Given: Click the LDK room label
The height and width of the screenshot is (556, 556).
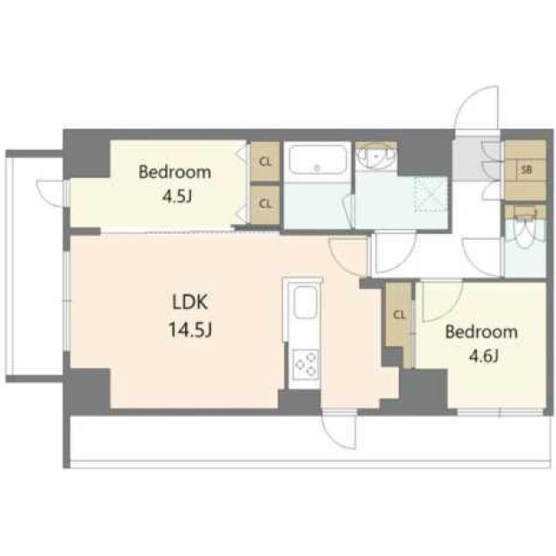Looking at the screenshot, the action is tap(190, 302).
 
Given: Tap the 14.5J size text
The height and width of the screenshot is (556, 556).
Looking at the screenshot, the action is tap(190, 329).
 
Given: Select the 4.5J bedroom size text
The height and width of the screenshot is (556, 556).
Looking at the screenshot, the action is tap(177, 196).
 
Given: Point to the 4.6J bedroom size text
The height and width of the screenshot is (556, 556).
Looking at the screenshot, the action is tap(484, 356).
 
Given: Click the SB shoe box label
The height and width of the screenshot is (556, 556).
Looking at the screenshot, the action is tap(526, 170).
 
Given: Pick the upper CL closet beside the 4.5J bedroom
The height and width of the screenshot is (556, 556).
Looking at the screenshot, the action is tap(265, 162).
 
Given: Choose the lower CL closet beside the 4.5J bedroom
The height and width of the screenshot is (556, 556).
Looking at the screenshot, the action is tap(265, 204).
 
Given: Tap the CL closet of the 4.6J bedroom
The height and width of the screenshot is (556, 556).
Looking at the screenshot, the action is tap(400, 314).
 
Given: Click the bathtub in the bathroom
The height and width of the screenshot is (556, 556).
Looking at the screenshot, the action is tap(317, 160).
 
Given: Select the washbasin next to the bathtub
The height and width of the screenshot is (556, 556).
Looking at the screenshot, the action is tap(376, 156).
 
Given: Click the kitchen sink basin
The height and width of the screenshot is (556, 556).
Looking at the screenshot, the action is tap(305, 302).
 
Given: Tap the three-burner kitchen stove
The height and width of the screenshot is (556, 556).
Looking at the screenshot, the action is tap(306, 365).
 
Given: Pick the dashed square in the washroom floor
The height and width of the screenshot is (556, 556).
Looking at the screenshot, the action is tap(431, 194).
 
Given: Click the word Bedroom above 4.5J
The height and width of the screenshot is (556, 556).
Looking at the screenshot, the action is tap(175, 172).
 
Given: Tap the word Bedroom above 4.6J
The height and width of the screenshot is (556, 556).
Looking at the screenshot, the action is tap(481, 332).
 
